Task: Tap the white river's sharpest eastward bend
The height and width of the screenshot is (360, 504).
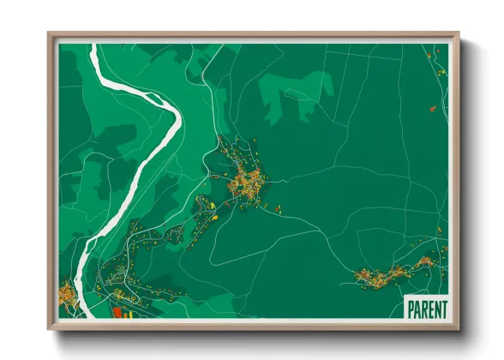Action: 178,120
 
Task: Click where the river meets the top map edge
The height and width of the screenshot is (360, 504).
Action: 97,45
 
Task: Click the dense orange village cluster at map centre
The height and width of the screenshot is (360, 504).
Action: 247,181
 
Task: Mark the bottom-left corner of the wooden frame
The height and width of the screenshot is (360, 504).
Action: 49,329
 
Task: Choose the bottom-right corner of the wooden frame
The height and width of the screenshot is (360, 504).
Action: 459,329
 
